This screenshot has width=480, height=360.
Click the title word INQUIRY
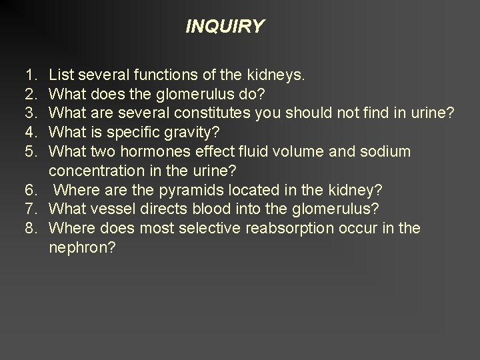click(x=225, y=27)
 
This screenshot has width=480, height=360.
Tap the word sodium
click(x=387, y=152)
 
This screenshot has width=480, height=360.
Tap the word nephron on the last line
click(x=79, y=248)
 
